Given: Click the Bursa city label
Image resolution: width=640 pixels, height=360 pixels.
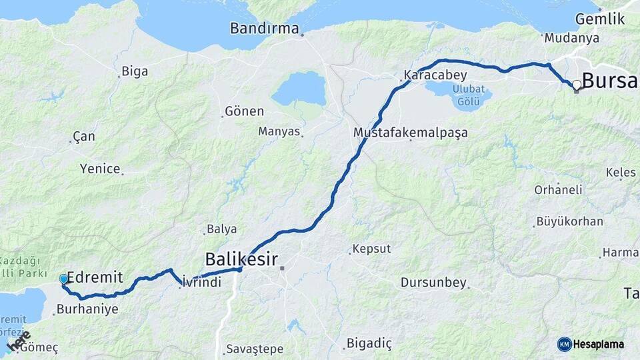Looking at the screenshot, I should point(609,81).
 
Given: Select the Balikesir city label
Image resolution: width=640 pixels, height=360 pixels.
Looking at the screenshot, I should point(241,258).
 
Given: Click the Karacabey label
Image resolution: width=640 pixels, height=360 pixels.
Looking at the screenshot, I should point(435,75).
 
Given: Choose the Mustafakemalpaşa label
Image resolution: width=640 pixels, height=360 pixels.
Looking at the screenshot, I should point(410,133).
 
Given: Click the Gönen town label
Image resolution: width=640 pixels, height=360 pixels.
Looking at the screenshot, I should point(244,111).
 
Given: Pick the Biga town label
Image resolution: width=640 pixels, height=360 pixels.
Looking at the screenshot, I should point(135,71).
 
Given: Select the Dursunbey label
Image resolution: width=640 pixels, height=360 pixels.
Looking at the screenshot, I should point(433,283).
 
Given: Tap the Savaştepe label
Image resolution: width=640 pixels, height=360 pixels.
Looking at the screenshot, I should point(255,349).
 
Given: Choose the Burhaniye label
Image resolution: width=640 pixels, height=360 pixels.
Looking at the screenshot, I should point(87,309).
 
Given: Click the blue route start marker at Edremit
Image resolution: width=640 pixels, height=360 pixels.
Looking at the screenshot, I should point(64,279).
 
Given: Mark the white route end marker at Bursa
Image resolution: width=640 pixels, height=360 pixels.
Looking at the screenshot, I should point(576,85).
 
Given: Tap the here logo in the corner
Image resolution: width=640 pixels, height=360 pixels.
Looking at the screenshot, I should point(18,341).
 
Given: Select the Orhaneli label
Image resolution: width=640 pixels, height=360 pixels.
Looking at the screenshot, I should point(558,189).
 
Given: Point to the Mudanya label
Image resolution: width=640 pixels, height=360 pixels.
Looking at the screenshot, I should point(571,38).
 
